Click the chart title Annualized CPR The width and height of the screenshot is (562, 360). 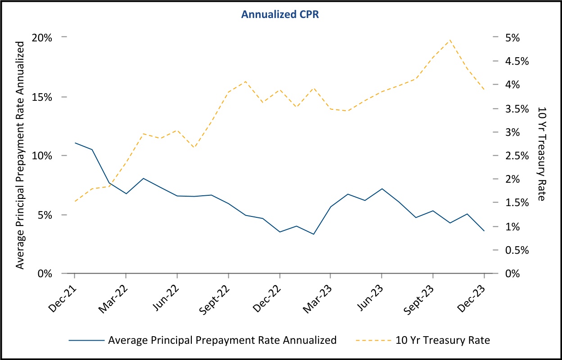(x=280, y=14)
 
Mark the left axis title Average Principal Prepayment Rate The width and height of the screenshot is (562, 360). (x=20, y=155)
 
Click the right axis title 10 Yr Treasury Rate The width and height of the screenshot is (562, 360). (x=541, y=153)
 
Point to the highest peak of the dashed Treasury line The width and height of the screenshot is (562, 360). (x=450, y=40)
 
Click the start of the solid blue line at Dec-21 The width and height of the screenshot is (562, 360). (x=74, y=143)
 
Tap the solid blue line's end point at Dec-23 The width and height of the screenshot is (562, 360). (x=484, y=231)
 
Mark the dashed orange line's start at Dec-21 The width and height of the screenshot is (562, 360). (x=74, y=201)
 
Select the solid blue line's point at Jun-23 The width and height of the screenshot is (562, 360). (x=382, y=189)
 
